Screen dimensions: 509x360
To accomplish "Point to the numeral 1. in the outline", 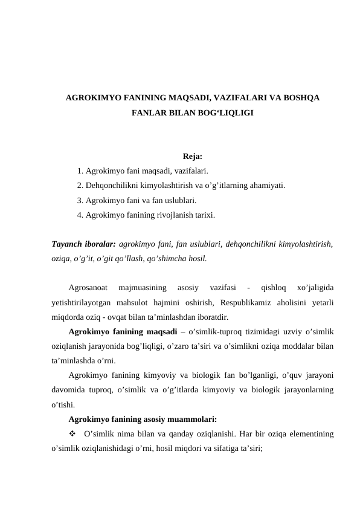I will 81,172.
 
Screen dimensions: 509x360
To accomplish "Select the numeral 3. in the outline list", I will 81,200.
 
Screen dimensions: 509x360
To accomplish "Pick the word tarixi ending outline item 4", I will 202,214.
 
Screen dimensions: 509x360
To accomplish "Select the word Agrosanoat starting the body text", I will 89,288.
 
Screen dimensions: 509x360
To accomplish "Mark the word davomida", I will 68,391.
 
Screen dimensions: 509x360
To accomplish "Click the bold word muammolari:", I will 193,419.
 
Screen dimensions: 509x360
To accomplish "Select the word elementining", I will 310,433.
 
